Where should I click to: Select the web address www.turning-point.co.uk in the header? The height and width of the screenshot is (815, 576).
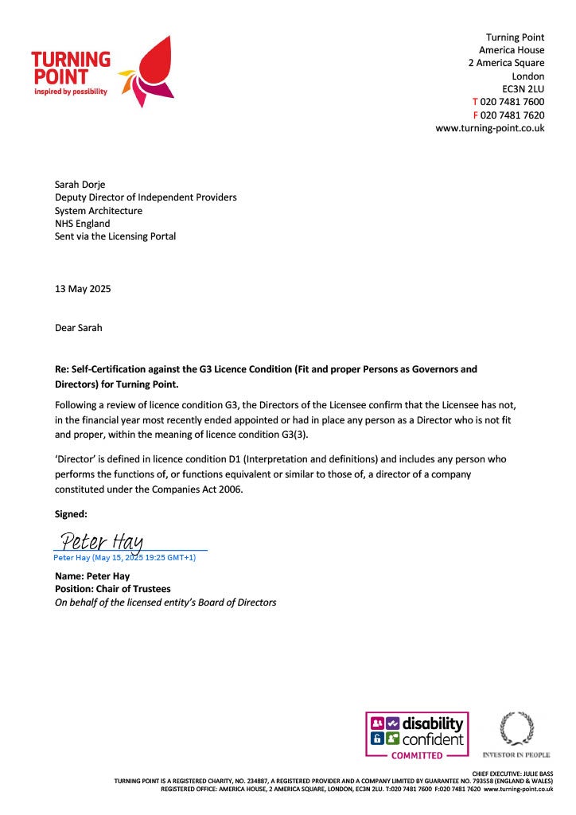[x=489, y=127]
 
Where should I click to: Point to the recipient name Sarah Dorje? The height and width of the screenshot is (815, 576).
[x=81, y=185]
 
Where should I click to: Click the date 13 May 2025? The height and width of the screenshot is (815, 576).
[x=83, y=289]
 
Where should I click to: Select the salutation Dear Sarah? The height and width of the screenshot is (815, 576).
[x=78, y=327]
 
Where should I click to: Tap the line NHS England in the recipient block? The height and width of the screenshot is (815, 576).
[x=82, y=224]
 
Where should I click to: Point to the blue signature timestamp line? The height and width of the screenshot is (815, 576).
[x=124, y=558]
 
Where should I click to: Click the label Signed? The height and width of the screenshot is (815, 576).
[x=71, y=514]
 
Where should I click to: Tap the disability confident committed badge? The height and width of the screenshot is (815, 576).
[x=417, y=735]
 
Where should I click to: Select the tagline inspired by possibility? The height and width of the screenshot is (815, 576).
[x=70, y=92]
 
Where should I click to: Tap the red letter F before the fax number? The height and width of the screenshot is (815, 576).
[x=476, y=115]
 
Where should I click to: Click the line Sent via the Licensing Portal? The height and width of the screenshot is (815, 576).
[x=115, y=236]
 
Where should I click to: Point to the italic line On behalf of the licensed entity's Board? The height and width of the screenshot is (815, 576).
[x=165, y=602]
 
